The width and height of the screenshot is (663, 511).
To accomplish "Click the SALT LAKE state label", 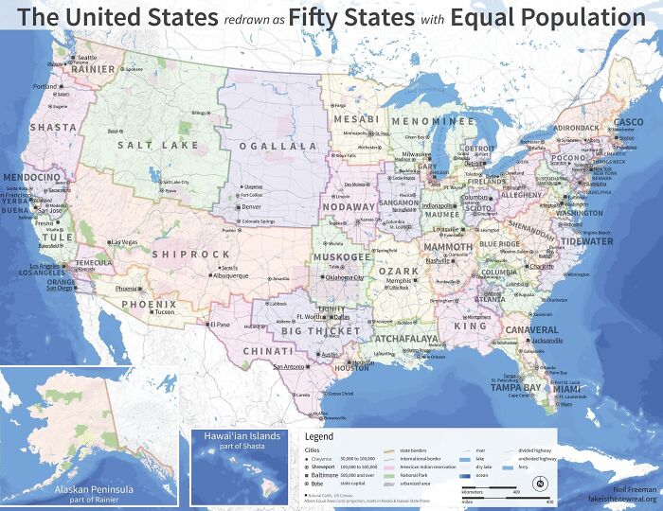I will (x=158, y=145).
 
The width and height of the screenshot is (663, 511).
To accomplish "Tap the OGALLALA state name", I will (x=278, y=147).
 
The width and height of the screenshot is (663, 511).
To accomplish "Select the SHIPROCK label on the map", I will (x=190, y=255).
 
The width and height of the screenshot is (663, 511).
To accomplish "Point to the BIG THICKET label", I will (x=321, y=331).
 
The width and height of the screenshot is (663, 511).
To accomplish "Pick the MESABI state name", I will (x=356, y=120).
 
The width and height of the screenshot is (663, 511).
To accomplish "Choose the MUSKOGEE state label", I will (x=343, y=256).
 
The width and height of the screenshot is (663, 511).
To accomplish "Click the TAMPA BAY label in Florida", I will (x=515, y=387).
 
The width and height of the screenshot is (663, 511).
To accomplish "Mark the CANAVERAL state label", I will (x=531, y=330).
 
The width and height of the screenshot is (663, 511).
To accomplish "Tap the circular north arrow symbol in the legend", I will (x=539, y=485).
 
